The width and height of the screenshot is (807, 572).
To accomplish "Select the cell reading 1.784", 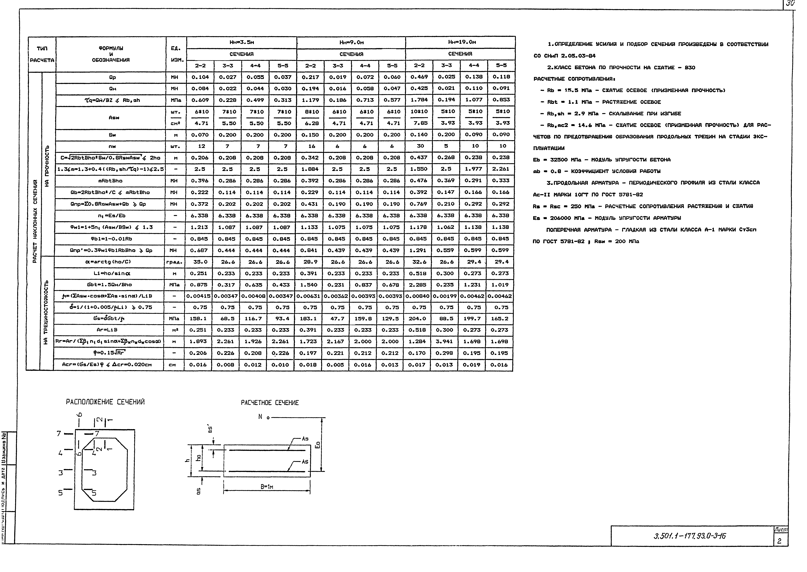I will (419, 100).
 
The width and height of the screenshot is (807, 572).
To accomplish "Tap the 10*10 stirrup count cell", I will (419, 111).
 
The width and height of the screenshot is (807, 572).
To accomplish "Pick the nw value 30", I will (419, 146).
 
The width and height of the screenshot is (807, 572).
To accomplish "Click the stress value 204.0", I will (418, 318).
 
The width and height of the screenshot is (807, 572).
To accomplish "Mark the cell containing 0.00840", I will (418, 296).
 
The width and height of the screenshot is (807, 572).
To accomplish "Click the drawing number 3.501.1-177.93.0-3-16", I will (689, 536).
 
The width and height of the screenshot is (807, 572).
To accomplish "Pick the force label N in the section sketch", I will (260, 417).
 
